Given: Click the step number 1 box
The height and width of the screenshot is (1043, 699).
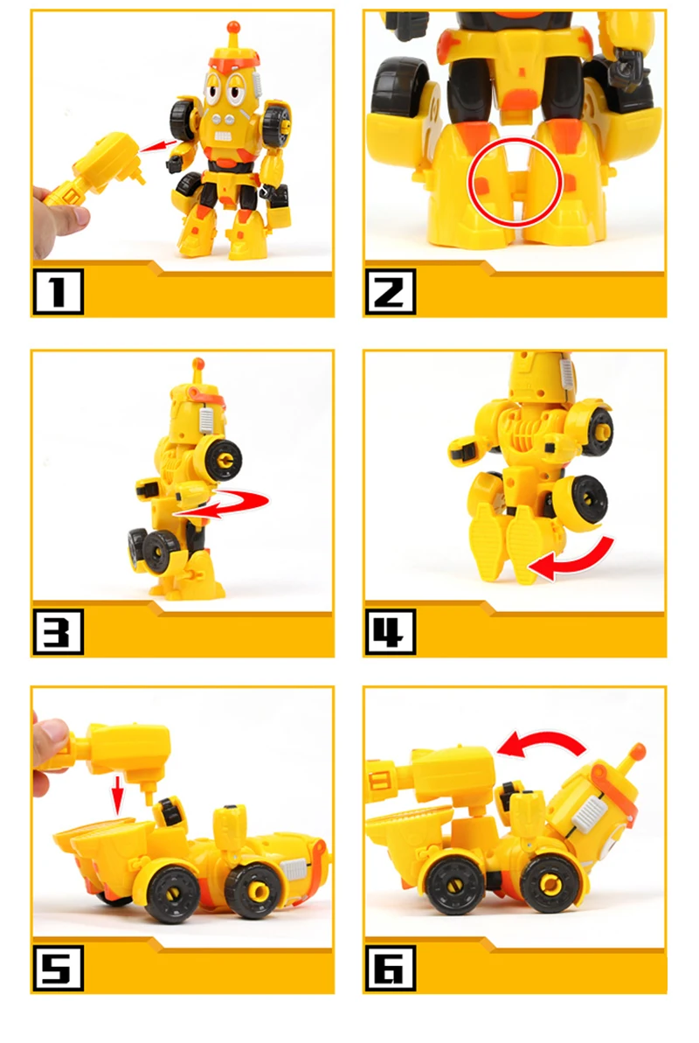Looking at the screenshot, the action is pyautogui.click(x=58, y=291).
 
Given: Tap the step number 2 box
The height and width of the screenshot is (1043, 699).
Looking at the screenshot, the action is pyautogui.click(x=390, y=291).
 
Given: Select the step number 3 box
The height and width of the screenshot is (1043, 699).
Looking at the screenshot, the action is pyautogui.click(x=58, y=631).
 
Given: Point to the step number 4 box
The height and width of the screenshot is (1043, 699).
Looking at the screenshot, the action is pyautogui.click(x=390, y=631).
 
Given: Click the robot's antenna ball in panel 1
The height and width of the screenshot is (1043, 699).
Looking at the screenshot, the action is pyautogui.click(x=232, y=27).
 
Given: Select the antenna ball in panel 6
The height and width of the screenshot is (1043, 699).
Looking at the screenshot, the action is pyautogui.click(x=637, y=753).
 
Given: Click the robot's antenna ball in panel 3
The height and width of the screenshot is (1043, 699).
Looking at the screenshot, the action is pyautogui.click(x=197, y=364).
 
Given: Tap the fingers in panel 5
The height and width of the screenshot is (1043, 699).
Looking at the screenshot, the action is pyautogui.click(x=50, y=755).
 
